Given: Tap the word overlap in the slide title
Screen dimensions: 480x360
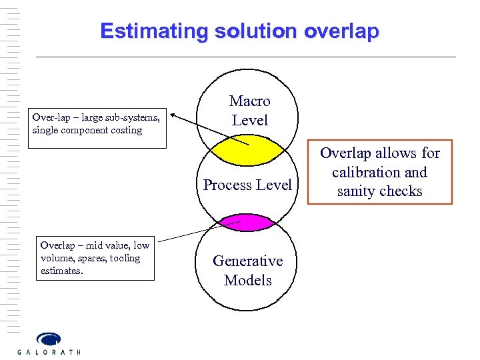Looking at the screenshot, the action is (342, 31).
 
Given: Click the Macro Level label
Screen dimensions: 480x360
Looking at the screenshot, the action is (249, 111).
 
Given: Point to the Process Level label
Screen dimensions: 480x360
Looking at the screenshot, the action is (247, 185).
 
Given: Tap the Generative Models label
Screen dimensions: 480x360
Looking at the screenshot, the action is (248, 271).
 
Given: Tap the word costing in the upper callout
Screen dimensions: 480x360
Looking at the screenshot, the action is (127, 130).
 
